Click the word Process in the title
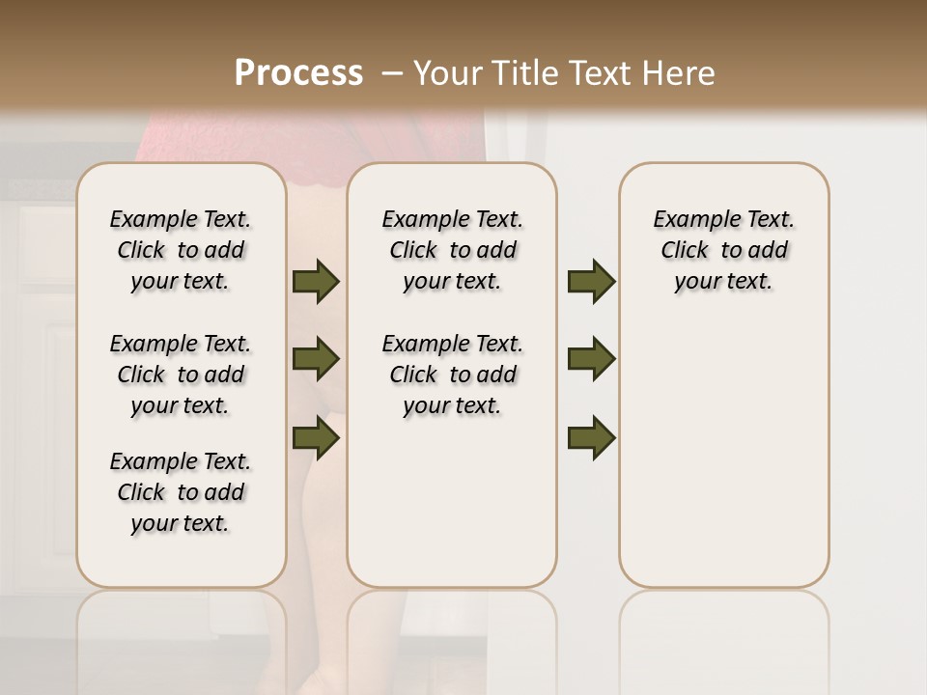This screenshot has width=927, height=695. (298, 72)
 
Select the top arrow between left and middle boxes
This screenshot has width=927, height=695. (315, 281)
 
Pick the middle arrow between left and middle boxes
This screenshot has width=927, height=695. (315, 359)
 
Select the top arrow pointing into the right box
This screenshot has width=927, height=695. (591, 281)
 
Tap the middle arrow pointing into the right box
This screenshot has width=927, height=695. (591, 359)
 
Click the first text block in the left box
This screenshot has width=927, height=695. (181, 250)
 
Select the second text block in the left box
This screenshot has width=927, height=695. (181, 375)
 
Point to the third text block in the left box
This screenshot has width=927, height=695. (181, 492)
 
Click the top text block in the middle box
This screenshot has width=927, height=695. (453, 250)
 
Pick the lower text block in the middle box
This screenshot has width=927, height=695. (453, 375)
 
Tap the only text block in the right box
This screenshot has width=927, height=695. (724, 250)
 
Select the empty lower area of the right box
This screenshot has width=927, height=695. (724, 454)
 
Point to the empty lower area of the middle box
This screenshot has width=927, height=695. (452, 502)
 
